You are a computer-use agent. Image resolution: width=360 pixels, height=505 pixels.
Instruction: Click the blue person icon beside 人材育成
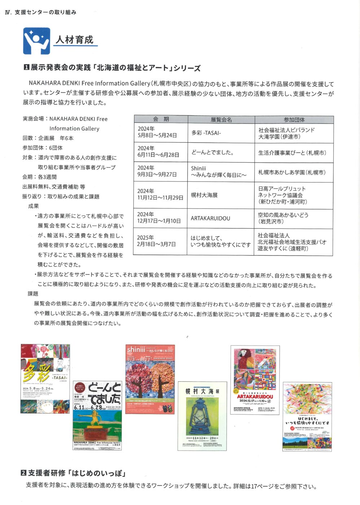[x=36, y=41]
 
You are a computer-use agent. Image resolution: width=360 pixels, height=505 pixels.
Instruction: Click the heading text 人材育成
[x=74, y=39]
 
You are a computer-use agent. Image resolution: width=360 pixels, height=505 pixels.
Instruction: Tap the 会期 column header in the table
[x=161, y=119]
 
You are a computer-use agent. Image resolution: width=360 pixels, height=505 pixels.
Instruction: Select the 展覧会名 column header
[x=221, y=120]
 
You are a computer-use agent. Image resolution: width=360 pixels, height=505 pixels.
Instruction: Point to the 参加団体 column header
[x=294, y=120]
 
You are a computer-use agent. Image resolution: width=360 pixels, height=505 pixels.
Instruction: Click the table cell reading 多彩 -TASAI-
[x=206, y=133]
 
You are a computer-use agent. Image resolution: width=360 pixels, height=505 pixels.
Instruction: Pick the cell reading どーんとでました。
[x=212, y=152]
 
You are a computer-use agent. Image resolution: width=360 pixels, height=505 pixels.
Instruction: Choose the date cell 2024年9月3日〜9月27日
[x=157, y=171]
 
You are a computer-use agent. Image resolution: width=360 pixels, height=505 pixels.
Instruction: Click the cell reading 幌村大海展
[x=205, y=195]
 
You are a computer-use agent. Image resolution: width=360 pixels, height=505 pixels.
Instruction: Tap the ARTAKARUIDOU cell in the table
[x=210, y=218]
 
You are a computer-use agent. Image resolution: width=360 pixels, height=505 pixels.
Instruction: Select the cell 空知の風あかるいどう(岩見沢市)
[x=283, y=218]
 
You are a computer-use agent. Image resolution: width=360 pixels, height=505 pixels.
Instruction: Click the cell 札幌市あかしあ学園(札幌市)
[x=291, y=172]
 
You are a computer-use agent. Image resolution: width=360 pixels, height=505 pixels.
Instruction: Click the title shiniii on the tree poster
[x=136, y=350]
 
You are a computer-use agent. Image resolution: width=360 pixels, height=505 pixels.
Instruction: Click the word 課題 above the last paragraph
[x=33, y=294]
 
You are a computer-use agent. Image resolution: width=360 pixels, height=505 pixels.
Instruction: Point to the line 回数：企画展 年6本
[x=48, y=138]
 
